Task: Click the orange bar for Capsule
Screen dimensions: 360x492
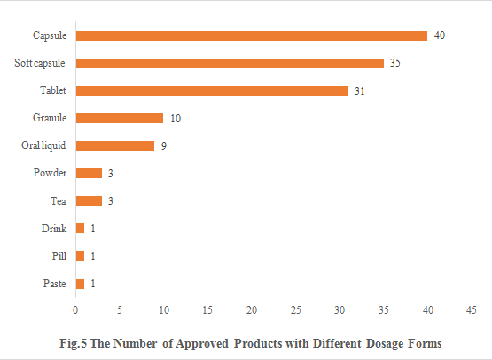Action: click(251, 35)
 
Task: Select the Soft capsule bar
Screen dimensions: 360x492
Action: click(230, 63)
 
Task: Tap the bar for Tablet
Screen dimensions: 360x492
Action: click(212, 90)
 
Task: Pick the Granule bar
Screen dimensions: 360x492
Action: click(120, 118)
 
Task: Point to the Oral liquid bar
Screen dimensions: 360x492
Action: click(115, 145)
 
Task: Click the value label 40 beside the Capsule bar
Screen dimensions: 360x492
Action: click(440, 35)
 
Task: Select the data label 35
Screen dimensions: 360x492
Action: click(396, 63)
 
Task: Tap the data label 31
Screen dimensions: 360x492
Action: click(361, 90)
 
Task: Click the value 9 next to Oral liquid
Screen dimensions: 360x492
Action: click(164, 145)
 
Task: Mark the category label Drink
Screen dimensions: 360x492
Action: click(55, 229)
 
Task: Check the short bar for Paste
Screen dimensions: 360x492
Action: click(80, 284)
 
